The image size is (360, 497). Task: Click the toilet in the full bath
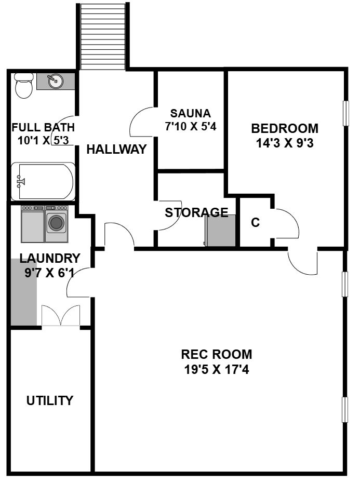click(24, 86)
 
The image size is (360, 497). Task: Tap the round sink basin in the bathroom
click(56, 81)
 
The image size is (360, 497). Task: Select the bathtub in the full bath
click(43, 182)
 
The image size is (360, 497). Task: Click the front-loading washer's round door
click(57, 223)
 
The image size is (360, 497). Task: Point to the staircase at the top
click(103, 36)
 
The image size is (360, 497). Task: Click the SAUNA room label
click(190, 113)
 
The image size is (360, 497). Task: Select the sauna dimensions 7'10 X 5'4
click(190, 127)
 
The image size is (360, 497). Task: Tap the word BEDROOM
click(285, 128)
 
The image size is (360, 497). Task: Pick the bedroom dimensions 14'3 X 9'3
click(285, 143)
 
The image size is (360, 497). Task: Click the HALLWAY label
click(116, 149)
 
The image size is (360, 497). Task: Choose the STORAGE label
click(196, 212)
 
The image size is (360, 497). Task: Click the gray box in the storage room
click(220, 231)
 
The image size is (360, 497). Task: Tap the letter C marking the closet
click(256, 222)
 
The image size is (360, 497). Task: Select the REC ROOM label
click(216, 354)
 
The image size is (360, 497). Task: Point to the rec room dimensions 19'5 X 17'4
click(216, 369)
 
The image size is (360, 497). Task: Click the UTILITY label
click(50, 400)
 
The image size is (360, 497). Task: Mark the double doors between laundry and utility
click(61, 315)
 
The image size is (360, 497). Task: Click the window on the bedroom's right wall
click(346, 113)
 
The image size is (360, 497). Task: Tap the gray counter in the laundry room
click(24, 292)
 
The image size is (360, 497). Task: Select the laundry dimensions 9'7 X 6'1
click(49, 273)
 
